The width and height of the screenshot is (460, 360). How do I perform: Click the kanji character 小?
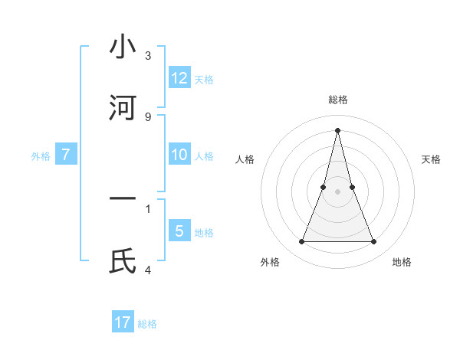click(123, 47)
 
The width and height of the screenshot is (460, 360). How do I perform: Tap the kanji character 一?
click(123, 199)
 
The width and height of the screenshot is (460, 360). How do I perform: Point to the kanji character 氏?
click(123, 260)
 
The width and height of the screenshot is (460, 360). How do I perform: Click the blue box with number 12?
click(179, 78)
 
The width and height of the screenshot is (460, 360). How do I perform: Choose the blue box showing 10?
click(179, 155)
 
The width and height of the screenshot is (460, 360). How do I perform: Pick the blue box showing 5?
click(179, 231)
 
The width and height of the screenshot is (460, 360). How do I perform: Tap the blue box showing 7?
click(66, 155)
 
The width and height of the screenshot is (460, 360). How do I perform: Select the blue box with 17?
click(123, 322)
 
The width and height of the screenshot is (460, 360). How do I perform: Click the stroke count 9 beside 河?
click(148, 117)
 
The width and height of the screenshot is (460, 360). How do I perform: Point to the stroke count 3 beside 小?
click(148, 56)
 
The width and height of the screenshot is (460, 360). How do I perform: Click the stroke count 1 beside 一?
click(148, 208)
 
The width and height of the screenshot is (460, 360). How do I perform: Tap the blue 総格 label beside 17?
click(147, 324)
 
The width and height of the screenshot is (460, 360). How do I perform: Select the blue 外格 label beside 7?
click(41, 156)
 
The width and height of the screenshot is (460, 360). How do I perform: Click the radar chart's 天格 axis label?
click(431, 159)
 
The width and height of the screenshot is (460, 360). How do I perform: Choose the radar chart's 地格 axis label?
click(402, 262)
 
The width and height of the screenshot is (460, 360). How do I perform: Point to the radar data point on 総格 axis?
click(337, 129)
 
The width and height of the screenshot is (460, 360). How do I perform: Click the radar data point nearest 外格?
click(301, 242)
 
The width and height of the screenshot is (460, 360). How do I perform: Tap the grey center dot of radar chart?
click(337, 191)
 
